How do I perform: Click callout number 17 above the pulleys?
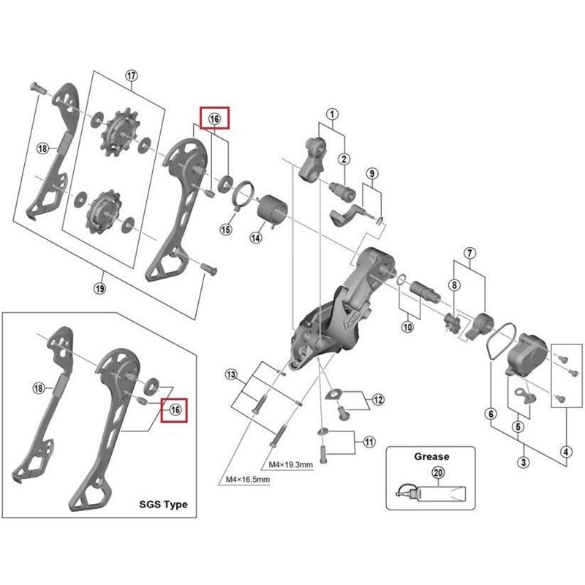click(x=132, y=77)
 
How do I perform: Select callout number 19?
click(x=100, y=288)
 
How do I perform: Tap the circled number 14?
click(x=256, y=237)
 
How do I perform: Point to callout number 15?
click(x=226, y=230)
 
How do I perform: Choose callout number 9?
click(x=372, y=173)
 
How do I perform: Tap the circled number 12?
click(x=377, y=399)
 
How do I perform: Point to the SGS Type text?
click(x=163, y=505)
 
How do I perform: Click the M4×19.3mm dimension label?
click(x=292, y=464)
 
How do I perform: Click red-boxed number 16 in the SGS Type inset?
click(x=175, y=410)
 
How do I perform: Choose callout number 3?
click(x=524, y=462)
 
